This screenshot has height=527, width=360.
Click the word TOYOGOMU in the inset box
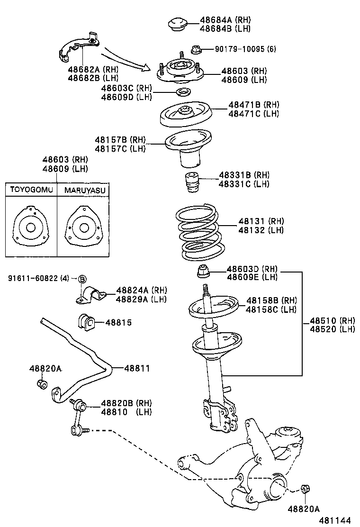coord(30,191)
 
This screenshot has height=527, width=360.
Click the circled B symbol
coord(82,279)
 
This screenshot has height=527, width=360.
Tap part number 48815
coord(118,322)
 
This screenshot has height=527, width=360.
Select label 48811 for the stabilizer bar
coord(137,368)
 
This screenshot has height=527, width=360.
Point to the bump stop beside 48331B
coord(191,182)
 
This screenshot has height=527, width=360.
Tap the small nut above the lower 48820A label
coord(305,489)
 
